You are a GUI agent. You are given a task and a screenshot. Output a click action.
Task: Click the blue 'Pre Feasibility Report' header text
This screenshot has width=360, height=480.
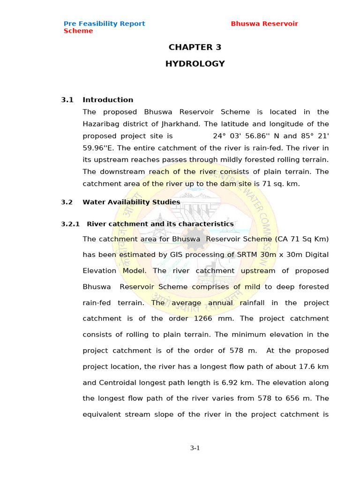(104, 23)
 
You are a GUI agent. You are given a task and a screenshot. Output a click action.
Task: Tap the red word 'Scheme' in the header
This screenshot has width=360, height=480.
(78, 31)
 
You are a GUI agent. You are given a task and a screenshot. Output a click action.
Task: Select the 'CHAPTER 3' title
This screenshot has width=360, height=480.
(195, 47)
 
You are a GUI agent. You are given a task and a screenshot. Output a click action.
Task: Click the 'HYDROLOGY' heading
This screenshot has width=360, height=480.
(195, 64)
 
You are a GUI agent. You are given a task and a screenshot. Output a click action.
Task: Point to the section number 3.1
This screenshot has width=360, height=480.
(67, 100)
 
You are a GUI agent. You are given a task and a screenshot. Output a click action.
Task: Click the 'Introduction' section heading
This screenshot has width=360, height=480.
(108, 100)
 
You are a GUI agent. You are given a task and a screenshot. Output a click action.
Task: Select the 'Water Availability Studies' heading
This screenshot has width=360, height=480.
(131, 202)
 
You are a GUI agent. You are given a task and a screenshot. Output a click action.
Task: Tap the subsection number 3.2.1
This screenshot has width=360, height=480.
(71, 224)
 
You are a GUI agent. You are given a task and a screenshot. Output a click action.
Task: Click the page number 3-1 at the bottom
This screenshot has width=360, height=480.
(195, 448)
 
